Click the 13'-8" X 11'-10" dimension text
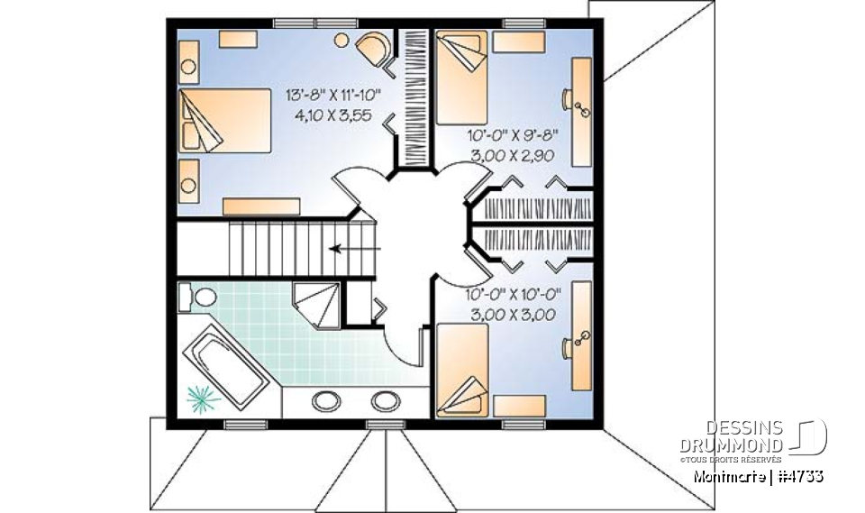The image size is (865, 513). click(x=334, y=95)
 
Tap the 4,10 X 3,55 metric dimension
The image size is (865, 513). click(x=334, y=115)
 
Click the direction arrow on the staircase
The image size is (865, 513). click(x=354, y=249)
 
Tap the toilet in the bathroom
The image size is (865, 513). click(x=201, y=296)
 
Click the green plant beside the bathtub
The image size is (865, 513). click(x=203, y=395)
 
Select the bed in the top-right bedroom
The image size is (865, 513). click(x=462, y=77)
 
